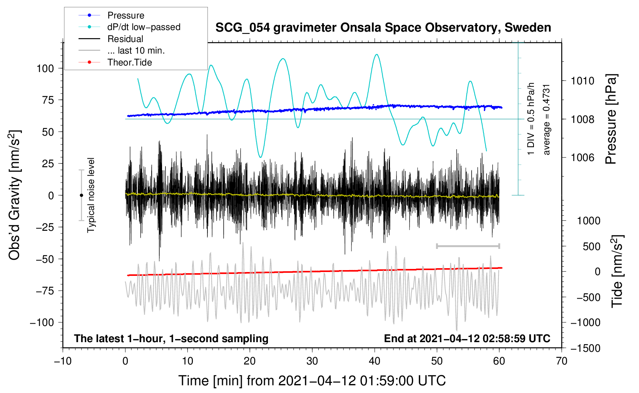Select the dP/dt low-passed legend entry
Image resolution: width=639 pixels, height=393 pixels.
[x=144, y=27]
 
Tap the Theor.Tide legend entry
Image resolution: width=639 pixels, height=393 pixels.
[x=129, y=62]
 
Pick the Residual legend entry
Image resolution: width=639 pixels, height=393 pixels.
[x=125, y=39]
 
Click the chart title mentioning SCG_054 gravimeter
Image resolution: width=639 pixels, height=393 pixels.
[x=383, y=28]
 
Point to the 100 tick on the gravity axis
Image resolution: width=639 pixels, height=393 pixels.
[x=45, y=69]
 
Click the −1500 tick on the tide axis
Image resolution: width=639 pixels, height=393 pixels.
[x=585, y=348]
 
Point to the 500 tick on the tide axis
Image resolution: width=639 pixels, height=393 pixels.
[x=591, y=247]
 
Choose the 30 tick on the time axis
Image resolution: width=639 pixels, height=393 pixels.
[x=312, y=361]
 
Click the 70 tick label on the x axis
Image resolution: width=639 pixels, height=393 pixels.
[x=562, y=361]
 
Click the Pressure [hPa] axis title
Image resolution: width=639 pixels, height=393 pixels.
[x=611, y=119]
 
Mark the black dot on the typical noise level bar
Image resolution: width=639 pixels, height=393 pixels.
[x=81, y=195]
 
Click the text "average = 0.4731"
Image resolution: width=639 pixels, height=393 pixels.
[x=547, y=119]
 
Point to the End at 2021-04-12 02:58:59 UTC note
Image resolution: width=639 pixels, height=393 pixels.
[x=467, y=339]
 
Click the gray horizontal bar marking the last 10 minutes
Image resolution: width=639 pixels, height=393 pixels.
[x=468, y=246]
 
